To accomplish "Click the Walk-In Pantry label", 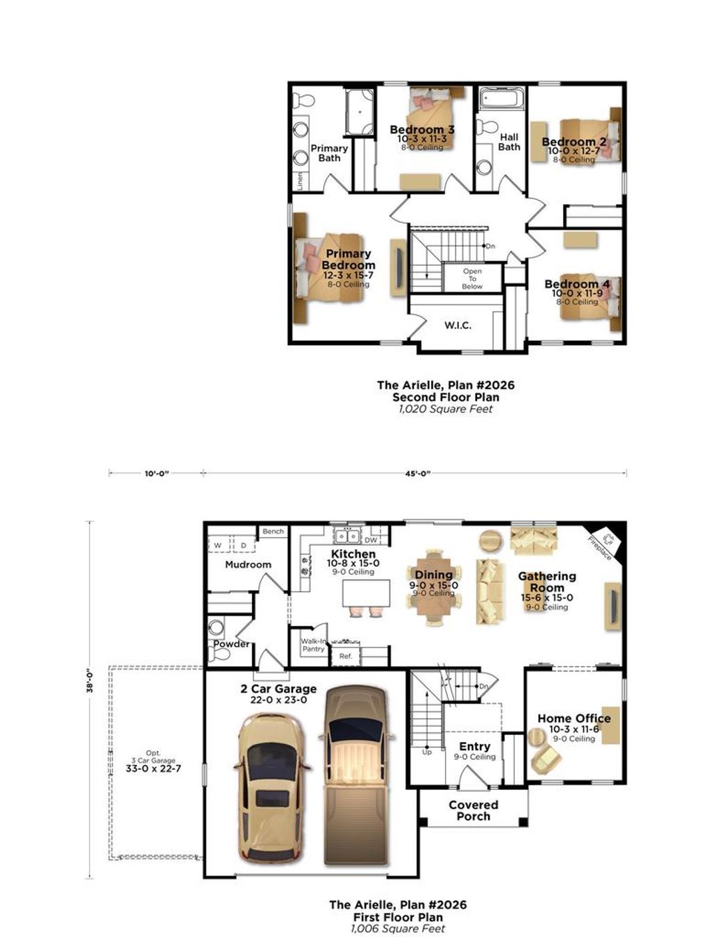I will [x=313, y=645].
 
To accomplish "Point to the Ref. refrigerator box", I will [x=346, y=656].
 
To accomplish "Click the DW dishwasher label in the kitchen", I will [x=371, y=539].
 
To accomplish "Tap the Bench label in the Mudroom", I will [x=273, y=532].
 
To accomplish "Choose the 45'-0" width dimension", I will [x=416, y=473].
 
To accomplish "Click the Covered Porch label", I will [x=473, y=810].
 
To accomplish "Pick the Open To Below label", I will [x=472, y=278].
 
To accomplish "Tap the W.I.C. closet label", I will [x=458, y=325].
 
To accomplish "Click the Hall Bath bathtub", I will [x=501, y=99].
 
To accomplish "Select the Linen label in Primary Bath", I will [x=300, y=180].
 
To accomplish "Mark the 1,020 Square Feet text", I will [x=445, y=409].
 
